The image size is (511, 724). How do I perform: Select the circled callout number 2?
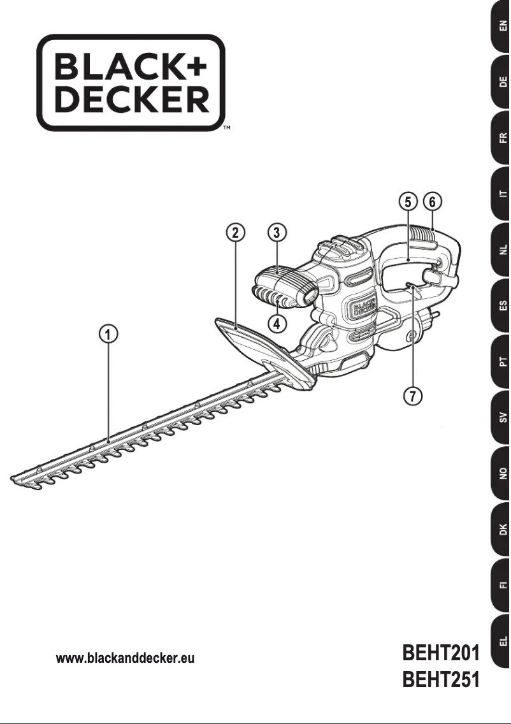click(236, 232)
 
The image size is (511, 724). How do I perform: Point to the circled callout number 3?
click(276, 232)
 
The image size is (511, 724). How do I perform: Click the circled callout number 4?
click(276, 323)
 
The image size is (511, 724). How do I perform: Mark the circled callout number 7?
click(413, 396)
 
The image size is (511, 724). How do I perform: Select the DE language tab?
click(501, 82)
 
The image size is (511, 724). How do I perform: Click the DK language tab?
click(501, 528)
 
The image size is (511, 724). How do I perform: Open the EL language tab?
click(501, 640)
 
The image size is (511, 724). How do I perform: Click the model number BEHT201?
click(440, 655)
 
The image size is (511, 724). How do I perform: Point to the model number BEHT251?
click(440, 681)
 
